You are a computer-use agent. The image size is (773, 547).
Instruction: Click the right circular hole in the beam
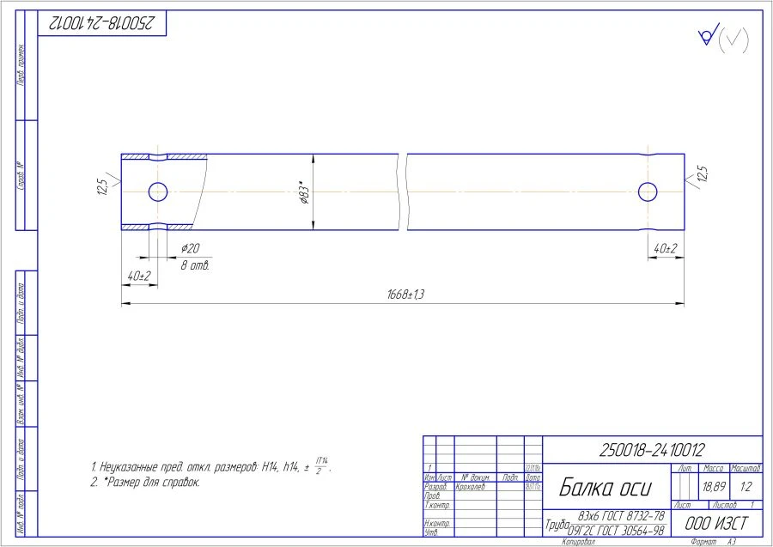pos(648,191)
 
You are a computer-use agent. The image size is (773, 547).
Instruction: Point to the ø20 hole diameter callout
pos(190,248)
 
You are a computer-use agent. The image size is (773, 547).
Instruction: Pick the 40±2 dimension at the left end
pos(138,276)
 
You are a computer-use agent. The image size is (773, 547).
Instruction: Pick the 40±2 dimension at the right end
pos(665,248)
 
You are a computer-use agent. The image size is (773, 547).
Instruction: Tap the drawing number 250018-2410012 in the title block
pos(652,449)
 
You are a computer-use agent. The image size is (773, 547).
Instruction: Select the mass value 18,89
pos(713,486)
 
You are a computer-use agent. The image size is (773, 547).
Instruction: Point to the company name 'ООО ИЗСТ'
pos(715,523)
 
